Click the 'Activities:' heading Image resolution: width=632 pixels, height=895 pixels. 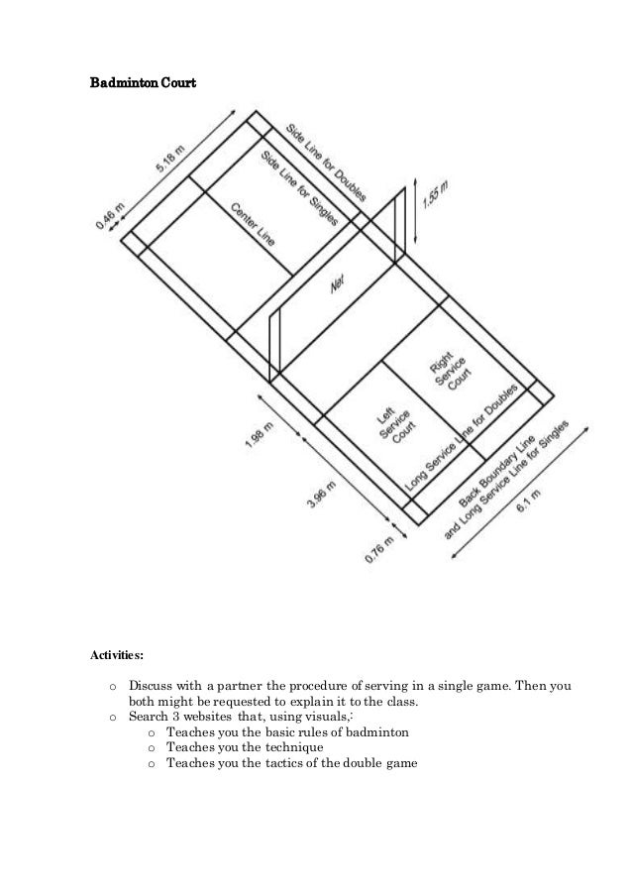118,655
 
